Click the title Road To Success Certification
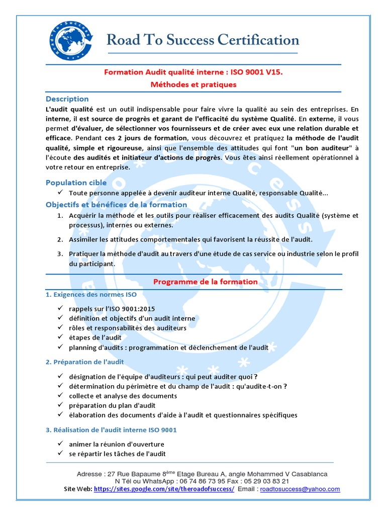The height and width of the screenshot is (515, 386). coord(203,40)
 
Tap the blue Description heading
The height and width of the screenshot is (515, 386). coord(67,99)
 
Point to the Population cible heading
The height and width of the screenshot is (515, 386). coord(76,183)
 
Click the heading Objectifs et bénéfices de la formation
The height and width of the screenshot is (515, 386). coord(116,205)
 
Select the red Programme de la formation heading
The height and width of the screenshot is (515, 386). coord(205,282)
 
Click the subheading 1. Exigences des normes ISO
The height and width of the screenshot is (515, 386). coord(91,294)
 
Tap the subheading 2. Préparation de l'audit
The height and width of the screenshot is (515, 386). coord(84,362)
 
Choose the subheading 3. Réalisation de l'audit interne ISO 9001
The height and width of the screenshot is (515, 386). coord(111,430)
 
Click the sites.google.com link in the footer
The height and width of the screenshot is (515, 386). coord(164,489)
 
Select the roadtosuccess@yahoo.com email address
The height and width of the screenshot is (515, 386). coord(300,489)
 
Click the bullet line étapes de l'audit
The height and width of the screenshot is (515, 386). coord(95,337)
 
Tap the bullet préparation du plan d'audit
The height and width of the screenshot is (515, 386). coord(113,405)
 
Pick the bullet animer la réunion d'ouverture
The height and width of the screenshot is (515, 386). coord(117,444)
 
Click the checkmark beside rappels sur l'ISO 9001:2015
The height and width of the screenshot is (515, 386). coord(60,308)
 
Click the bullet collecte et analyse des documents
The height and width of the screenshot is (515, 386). coord(123,396)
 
